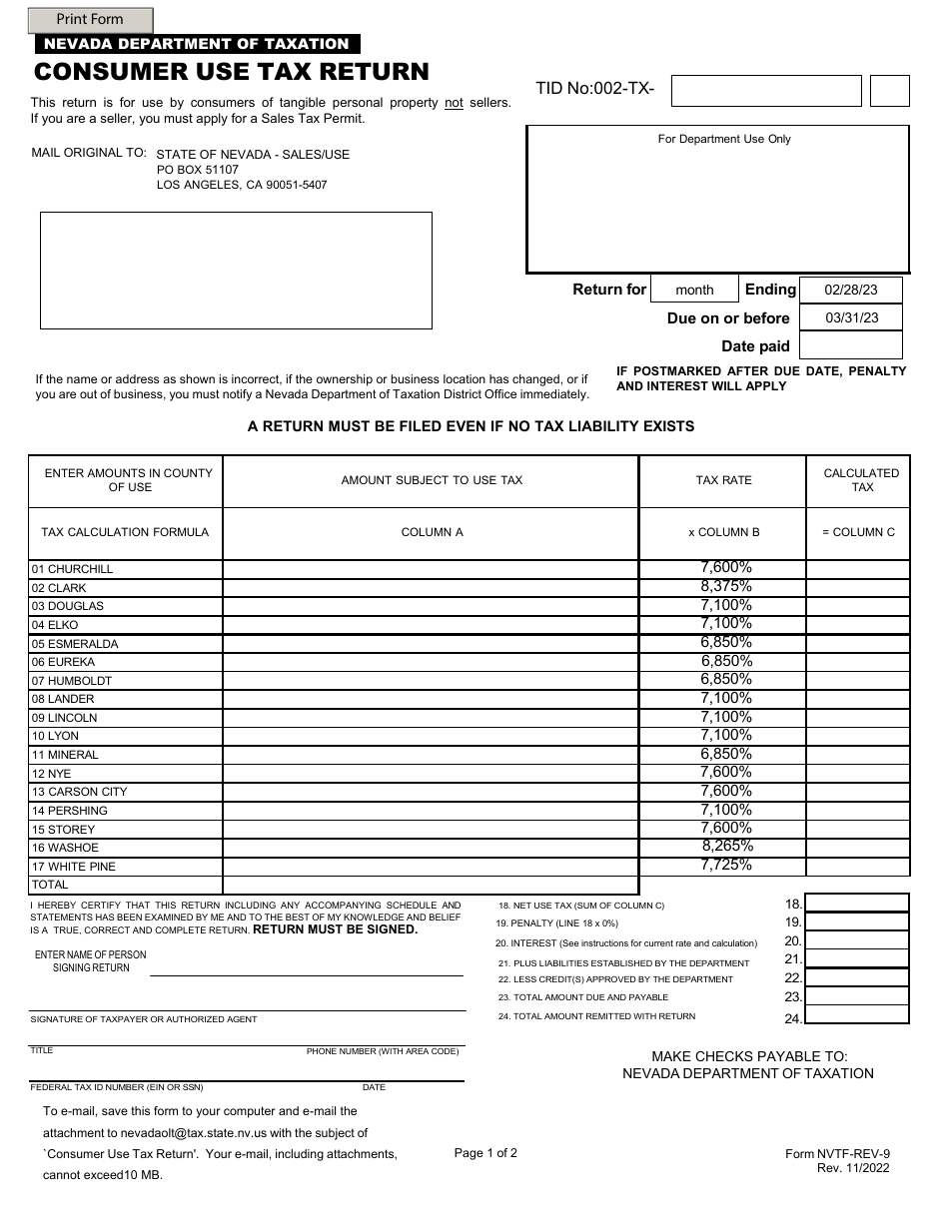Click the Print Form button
coord(90,19)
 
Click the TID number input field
coord(765,91)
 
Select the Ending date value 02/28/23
coord(851,290)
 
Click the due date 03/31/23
coord(851,317)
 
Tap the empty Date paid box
coord(851,345)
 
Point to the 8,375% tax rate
coord(726,586)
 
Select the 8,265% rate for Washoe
coord(727,846)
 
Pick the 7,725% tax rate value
coord(726,865)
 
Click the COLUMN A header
coord(432,532)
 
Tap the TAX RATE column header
coord(723,480)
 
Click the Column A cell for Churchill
coord(431,569)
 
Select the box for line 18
coord(856,903)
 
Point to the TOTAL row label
coord(50,885)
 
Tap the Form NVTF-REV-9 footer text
coord(837,1154)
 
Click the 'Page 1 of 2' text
coord(485,1153)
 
